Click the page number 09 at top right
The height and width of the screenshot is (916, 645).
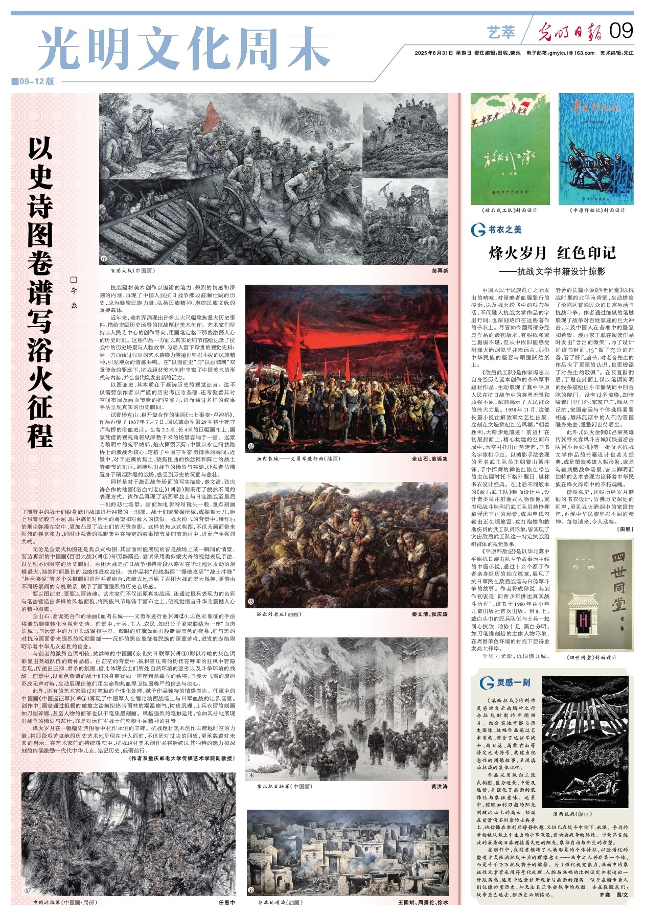pyautogui.click(x=621, y=31)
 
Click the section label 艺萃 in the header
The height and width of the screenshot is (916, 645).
pyautogui.click(x=501, y=32)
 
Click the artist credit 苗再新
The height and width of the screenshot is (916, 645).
pyautogui.click(x=439, y=271)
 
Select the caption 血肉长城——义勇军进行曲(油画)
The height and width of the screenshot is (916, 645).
pyautogui.click(x=298, y=459)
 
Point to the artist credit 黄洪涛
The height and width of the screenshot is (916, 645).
pyautogui.click(x=439, y=786)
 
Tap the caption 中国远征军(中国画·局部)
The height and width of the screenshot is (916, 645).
pyautogui.click(x=64, y=903)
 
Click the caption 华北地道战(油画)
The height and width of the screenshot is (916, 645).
pyautogui.click(x=280, y=903)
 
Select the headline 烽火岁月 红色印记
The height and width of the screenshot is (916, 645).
pyautogui.click(x=552, y=253)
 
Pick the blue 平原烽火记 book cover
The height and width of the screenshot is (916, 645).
pyautogui.click(x=596, y=149)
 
